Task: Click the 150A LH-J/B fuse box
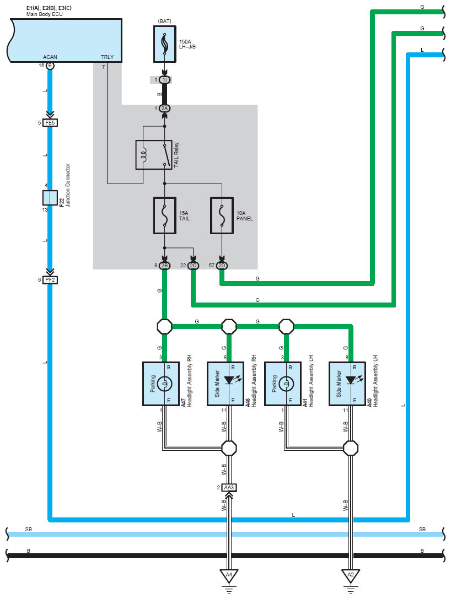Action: click(x=165, y=44)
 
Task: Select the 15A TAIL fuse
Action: click(x=165, y=215)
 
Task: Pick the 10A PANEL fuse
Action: click(x=222, y=215)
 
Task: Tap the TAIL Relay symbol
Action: click(x=154, y=155)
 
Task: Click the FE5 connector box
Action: click(x=50, y=123)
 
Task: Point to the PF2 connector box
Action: click(x=50, y=280)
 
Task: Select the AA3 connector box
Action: click(x=229, y=488)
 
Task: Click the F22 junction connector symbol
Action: click(x=50, y=198)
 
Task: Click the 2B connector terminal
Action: click(x=164, y=266)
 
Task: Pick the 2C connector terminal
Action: click(x=193, y=266)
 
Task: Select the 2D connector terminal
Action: click(x=222, y=266)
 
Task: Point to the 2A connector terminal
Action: click(x=164, y=109)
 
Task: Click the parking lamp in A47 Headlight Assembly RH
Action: click(x=165, y=384)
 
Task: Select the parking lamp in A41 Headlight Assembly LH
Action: click(x=286, y=384)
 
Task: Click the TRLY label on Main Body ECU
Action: click(x=108, y=57)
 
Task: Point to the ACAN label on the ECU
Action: click(x=50, y=57)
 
